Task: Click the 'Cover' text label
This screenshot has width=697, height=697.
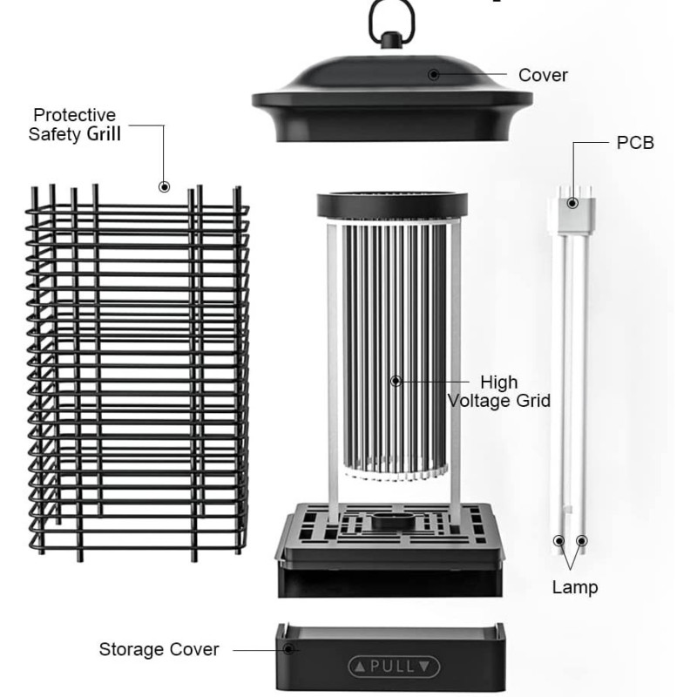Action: (543, 75)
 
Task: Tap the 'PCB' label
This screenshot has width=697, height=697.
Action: (635, 143)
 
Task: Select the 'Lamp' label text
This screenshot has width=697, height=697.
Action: (575, 587)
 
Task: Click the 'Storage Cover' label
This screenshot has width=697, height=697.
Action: (159, 649)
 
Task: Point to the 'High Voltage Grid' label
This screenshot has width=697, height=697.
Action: (498, 391)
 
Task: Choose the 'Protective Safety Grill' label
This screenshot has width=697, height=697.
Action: (74, 125)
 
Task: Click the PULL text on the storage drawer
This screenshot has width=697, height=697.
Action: (393, 667)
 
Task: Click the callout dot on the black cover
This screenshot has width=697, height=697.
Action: (433, 75)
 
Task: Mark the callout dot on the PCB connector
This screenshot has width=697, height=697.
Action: (573, 203)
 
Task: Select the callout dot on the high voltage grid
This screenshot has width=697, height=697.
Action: (396, 381)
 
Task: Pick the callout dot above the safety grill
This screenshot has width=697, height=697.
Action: (164, 186)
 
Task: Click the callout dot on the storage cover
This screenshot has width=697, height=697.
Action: (288, 649)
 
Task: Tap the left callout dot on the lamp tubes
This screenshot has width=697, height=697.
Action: (559, 540)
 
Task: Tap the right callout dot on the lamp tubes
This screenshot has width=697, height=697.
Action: (582, 540)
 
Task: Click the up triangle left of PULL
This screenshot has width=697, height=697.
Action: (360, 667)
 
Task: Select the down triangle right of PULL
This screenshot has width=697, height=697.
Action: (424, 667)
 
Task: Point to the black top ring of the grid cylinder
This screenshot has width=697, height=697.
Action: (392, 205)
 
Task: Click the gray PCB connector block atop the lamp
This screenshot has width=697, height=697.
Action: (576, 214)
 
